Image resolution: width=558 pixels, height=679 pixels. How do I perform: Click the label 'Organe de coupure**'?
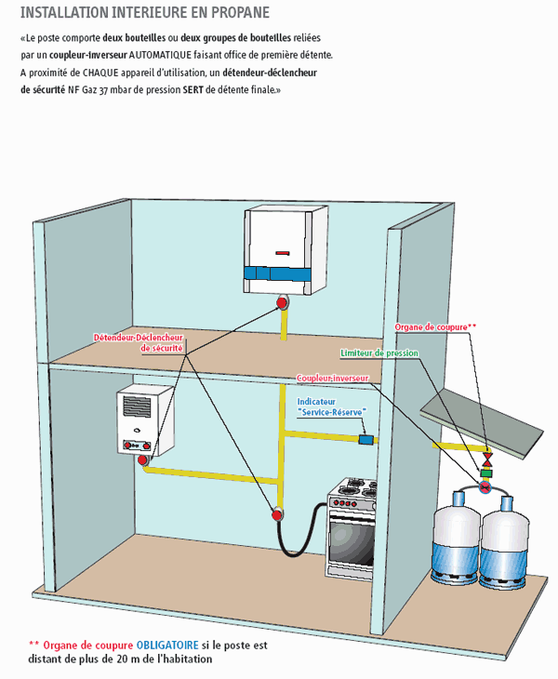click(x=435, y=327)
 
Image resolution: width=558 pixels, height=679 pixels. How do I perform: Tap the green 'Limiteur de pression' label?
click(x=379, y=354)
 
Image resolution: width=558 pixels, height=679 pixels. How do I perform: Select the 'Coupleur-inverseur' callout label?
click(x=332, y=379)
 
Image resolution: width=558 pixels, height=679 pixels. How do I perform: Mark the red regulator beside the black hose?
click(x=276, y=513)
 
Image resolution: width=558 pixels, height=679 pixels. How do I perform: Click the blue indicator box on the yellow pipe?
click(x=366, y=438)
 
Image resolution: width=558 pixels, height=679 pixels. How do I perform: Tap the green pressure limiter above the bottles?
click(x=485, y=473)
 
